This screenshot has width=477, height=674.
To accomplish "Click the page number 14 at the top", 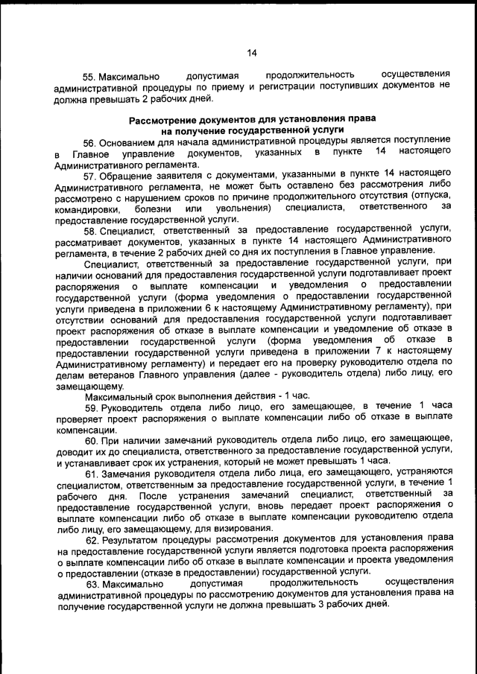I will [251, 53].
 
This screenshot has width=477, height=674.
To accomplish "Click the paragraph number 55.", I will [89, 77].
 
